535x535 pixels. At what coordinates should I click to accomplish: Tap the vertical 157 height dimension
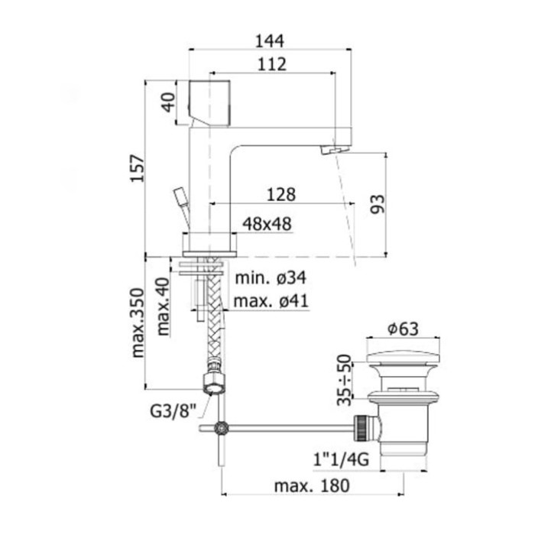[136, 167]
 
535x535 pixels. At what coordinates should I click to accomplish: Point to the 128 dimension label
[280, 195]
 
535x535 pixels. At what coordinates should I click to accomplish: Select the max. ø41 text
[271, 301]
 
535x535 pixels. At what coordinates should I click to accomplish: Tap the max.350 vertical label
[138, 323]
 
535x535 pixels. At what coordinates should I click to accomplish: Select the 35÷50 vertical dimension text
[345, 379]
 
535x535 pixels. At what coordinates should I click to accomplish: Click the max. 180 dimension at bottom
[313, 486]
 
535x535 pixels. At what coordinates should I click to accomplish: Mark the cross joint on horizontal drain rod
[222, 429]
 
